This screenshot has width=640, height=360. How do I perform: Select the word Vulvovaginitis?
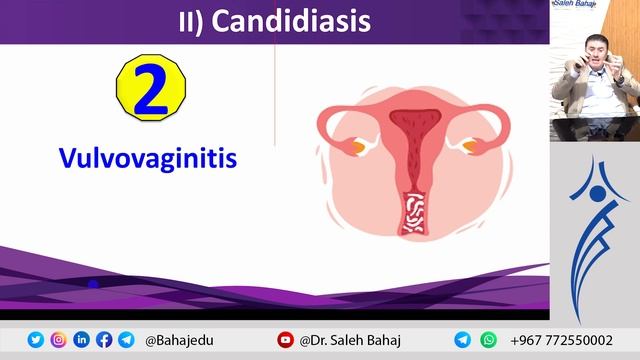point(147,159)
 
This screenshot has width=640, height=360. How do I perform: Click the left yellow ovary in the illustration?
point(357,147)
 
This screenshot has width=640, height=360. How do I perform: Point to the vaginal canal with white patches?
point(412,211)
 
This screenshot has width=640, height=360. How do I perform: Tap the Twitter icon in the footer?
point(36,340)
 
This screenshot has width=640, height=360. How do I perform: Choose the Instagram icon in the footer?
point(58,340)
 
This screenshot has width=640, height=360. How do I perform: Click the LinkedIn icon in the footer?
point(81,340)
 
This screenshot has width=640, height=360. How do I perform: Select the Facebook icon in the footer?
point(103,340)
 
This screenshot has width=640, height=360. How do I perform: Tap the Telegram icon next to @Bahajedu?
point(125,340)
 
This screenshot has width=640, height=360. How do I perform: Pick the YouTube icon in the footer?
point(286,340)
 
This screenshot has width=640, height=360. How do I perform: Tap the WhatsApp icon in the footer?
point(489,340)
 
